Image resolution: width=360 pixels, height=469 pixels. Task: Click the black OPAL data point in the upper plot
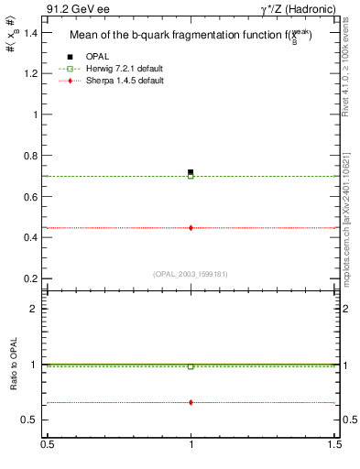point(191,171)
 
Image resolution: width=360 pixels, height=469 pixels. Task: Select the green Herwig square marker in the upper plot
point(191,176)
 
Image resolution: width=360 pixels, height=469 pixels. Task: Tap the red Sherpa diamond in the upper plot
point(191,227)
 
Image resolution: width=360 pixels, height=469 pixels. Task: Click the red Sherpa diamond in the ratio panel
point(191,402)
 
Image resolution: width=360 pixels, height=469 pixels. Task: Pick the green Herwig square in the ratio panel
point(191,366)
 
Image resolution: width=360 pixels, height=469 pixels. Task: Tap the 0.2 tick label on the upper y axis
point(32,278)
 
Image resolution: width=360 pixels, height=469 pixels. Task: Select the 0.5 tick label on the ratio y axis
point(32,420)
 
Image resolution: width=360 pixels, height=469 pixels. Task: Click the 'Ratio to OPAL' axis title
point(15,365)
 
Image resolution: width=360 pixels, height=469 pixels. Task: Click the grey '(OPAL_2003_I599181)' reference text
point(191,273)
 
